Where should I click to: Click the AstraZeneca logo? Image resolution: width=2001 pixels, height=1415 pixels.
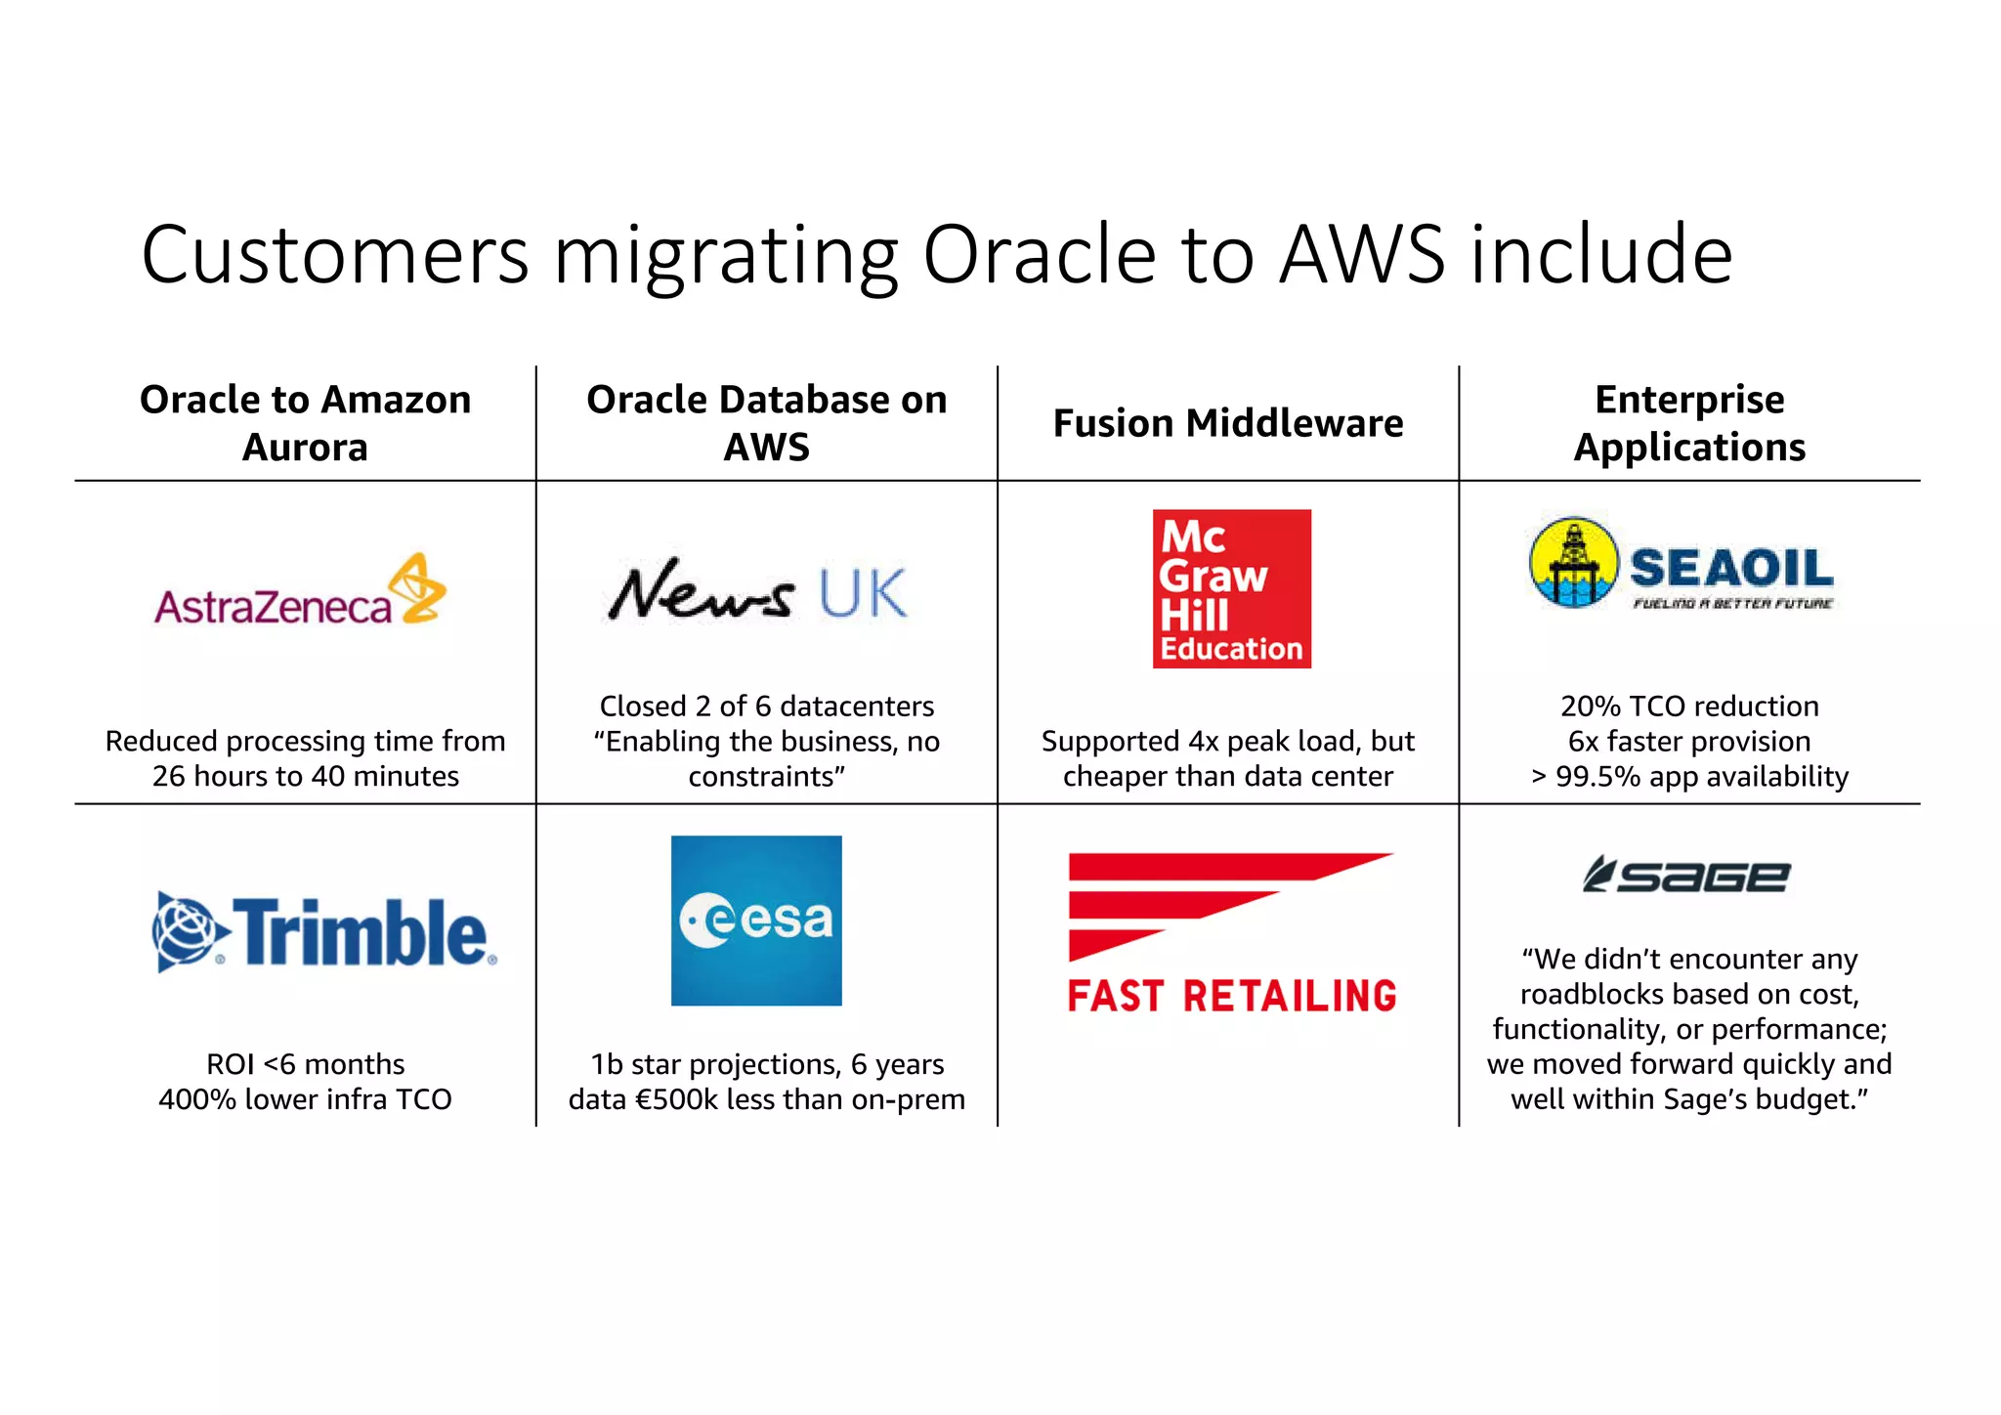click(x=300, y=592)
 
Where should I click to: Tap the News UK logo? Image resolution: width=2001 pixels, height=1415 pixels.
click(x=757, y=591)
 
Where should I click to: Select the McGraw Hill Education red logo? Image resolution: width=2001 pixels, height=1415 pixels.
click(x=1231, y=588)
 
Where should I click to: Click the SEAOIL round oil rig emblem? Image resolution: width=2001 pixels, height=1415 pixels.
click(x=1573, y=563)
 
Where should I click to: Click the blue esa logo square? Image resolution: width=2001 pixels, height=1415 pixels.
click(x=756, y=920)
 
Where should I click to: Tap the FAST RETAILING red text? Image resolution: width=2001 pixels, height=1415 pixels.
click(x=1231, y=996)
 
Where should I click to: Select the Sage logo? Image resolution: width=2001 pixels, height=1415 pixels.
click(x=1686, y=875)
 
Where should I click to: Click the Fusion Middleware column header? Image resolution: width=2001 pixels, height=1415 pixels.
click(x=1227, y=423)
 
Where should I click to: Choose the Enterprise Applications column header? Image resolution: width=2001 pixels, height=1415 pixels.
click(x=1688, y=423)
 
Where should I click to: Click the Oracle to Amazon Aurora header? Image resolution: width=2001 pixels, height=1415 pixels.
click(x=305, y=423)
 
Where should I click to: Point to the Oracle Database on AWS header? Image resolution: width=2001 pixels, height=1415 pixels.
click(x=766, y=423)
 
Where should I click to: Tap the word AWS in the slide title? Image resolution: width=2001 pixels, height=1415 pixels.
click(x=1361, y=256)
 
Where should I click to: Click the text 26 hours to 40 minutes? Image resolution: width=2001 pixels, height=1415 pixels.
click(x=305, y=776)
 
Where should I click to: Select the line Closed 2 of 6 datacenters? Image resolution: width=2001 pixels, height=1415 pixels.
click(x=766, y=706)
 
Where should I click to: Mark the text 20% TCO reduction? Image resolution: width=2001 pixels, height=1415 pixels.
click(x=1688, y=706)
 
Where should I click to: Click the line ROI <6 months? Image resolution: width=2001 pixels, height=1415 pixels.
click(x=305, y=1063)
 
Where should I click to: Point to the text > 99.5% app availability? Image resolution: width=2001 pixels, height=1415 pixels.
click(x=1688, y=776)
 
